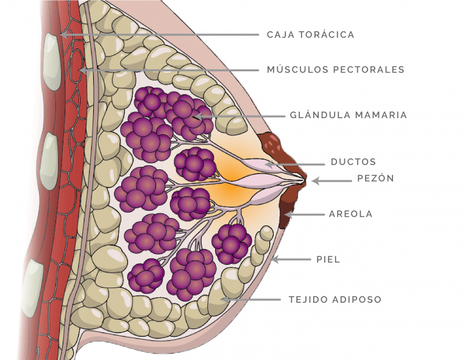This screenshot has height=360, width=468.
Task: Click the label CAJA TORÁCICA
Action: click(x=310, y=35)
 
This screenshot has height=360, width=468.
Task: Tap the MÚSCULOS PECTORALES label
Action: click(x=336, y=69)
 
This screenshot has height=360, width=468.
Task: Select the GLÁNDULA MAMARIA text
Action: click(x=349, y=115)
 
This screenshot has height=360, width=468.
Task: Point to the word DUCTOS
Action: click(x=353, y=162)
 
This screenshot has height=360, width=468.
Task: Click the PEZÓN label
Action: click(x=375, y=178)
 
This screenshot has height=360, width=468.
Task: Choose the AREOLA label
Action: click(x=351, y=214)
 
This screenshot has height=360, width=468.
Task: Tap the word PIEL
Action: click(x=328, y=259)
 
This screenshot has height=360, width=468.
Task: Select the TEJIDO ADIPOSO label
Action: click(x=335, y=300)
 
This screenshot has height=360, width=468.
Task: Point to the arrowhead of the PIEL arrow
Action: click(x=275, y=259)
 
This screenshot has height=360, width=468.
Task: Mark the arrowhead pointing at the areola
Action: click(x=288, y=214)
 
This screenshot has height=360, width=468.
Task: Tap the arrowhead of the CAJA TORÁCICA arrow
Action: click(x=63, y=35)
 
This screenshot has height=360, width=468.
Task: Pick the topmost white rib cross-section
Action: click(x=52, y=62)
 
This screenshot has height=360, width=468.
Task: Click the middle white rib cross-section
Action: click(x=49, y=161)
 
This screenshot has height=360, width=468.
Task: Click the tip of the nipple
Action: click(x=305, y=180)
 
